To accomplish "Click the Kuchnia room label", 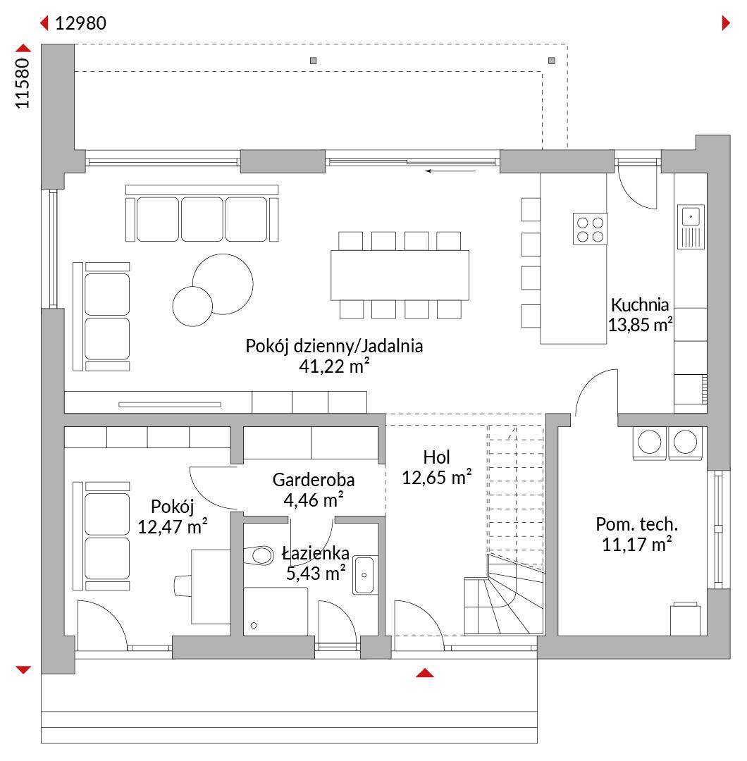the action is click(x=640, y=305).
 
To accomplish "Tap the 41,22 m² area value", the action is click(x=334, y=366).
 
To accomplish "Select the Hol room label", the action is click(x=436, y=457).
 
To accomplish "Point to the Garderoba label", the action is click(x=314, y=480).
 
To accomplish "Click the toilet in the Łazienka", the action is click(x=259, y=556).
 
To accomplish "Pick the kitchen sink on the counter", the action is click(x=691, y=227).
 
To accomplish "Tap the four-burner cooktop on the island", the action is click(x=591, y=229).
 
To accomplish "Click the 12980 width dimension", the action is click(x=80, y=23).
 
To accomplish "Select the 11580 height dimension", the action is click(x=23, y=83).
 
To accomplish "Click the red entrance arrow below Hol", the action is click(x=425, y=673).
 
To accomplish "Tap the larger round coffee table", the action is click(x=223, y=284).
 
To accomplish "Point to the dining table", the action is click(x=400, y=276).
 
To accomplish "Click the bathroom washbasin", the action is click(x=364, y=575).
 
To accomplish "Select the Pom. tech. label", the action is click(x=637, y=524).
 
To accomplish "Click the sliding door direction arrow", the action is click(x=450, y=171).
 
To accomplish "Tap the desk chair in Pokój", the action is click(x=183, y=586).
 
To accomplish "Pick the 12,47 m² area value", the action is click(x=173, y=526).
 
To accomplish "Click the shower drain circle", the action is click(x=254, y=626).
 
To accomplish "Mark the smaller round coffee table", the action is click(x=192, y=307).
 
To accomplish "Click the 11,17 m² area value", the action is click(x=637, y=545).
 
